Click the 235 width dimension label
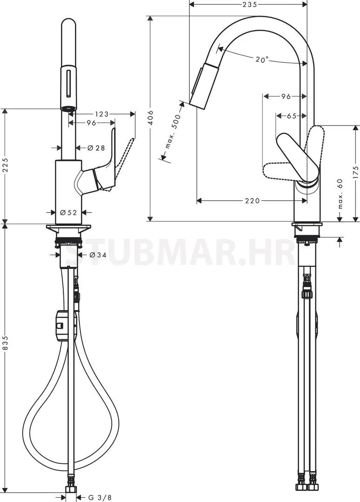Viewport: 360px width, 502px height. pos(249,4)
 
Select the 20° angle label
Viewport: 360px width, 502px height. pos(262,59)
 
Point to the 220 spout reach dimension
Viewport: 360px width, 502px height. pos(253,201)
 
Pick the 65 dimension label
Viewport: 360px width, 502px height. pos(292,116)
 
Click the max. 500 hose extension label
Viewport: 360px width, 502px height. pos(173,131)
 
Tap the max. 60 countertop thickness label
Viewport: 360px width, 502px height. pos(340,194)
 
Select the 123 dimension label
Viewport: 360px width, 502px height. pos(102,114)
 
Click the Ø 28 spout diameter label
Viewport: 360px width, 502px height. pos(96,148)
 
